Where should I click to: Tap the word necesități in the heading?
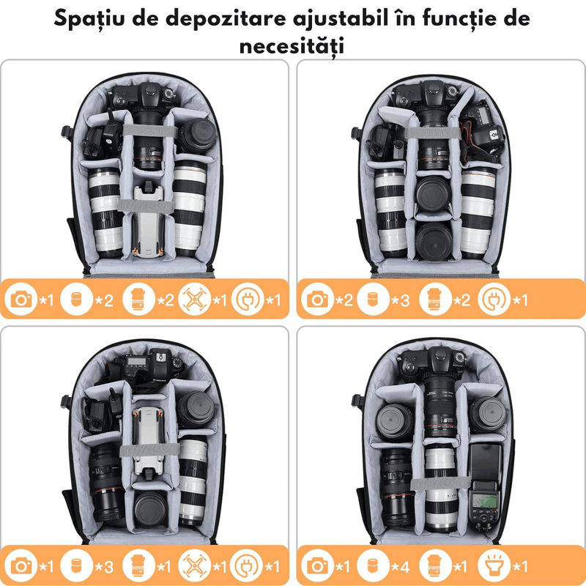tap(292, 45)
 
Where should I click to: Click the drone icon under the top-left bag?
tap(194, 300)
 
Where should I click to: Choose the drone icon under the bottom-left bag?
tap(194, 566)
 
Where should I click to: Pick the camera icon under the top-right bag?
tap(317, 300)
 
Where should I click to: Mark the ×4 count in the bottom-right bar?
tap(400, 566)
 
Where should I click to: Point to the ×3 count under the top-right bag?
tap(400, 300)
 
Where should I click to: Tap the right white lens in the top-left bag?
tap(189, 212)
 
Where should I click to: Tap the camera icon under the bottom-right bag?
tap(317, 566)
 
